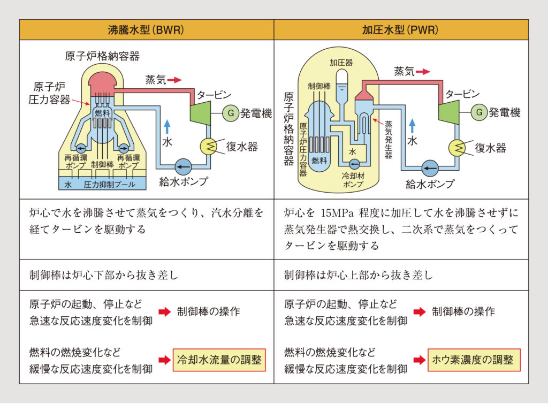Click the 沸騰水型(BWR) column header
(x=146, y=30)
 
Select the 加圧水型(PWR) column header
(x=401, y=30)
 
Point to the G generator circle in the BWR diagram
(x=231, y=113)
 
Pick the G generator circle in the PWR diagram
(x=479, y=113)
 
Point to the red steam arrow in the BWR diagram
(x=174, y=80)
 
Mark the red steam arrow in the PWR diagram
(x=423, y=71)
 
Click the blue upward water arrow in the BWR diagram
(x=167, y=126)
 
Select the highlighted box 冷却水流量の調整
(x=219, y=360)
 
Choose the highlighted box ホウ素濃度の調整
(x=474, y=360)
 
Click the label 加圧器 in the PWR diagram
(x=340, y=63)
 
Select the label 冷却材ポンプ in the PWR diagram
(x=352, y=180)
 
